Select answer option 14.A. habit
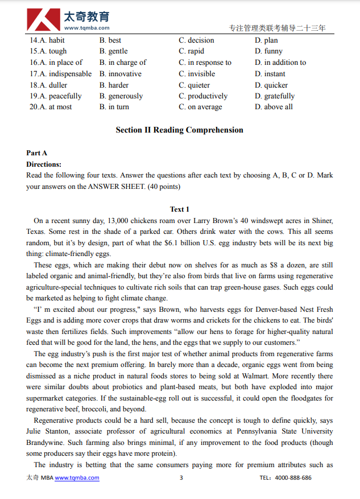[48, 40]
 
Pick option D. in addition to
[280, 63]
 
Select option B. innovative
[121, 74]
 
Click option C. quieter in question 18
[194, 85]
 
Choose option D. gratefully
[275, 96]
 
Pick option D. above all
[274, 107]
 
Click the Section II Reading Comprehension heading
[179, 130]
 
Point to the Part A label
[37, 153]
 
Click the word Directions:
[44, 164]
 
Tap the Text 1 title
[180, 209]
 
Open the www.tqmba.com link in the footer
[77, 478]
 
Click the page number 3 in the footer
[181, 478]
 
